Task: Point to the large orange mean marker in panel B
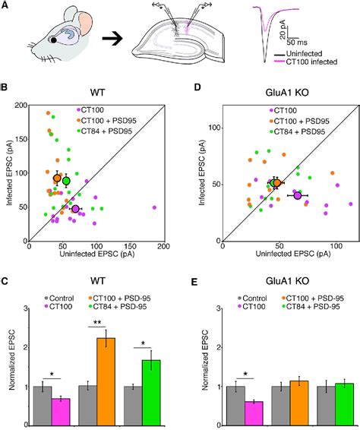point(57,178)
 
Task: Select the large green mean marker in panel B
point(66,181)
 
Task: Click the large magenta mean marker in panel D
point(298,195)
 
